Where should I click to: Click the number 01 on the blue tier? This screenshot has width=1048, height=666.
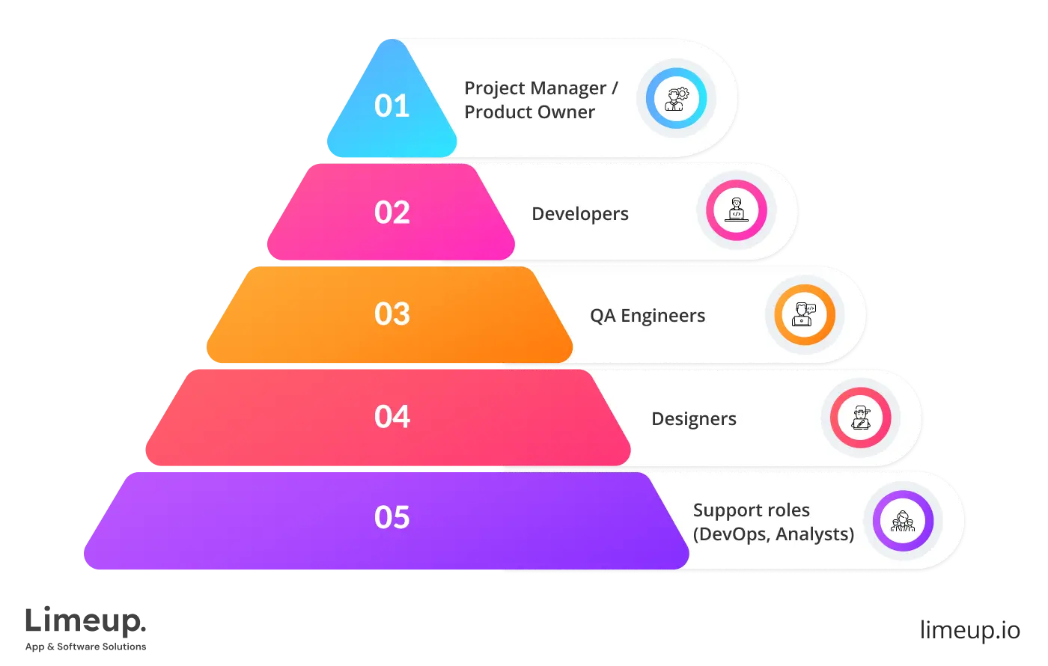(392, 106)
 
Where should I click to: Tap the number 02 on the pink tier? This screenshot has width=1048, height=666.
(392, 213)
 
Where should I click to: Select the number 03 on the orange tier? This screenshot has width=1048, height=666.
(392, 314)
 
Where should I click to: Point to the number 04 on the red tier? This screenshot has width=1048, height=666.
(392, 417)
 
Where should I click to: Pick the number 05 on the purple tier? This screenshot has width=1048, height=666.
(392, 518)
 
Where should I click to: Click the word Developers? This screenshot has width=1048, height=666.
(580, 214)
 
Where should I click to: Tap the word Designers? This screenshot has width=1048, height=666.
(694, 419)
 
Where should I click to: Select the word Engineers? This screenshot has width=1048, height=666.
(663, 316)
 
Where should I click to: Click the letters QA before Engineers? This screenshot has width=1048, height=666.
(603, 316)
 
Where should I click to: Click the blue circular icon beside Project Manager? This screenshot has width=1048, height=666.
(676, 98)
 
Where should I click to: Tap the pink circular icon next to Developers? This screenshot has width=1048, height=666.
(737, 210)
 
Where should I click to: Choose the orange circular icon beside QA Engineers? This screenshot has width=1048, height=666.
(805, 314)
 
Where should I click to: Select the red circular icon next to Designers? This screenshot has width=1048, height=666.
(861, 418)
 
